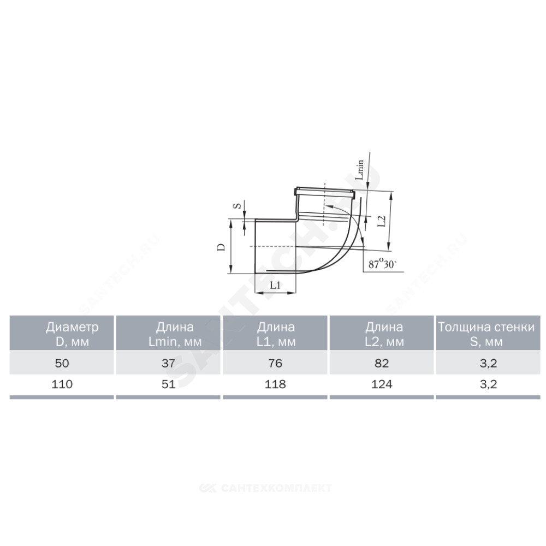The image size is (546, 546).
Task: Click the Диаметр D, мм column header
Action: pyautogui.click(x=72, y=334)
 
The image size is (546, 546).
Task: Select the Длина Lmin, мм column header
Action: pyautogui.click(x=175, y=334)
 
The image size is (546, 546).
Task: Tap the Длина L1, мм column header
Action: pyautogui.click(x=276, y=334)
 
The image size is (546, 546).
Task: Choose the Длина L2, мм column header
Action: pyautogui.click(x=384, y=334)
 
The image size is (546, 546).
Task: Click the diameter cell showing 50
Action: pyautogui.click(x=62, y=363)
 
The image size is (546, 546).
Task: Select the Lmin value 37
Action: pyautogui.click(x=168, y=363)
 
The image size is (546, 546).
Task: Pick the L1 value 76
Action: pyautogui.click(x=275, y=363)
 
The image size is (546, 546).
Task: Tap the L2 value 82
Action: pyautogui.click(x=382, y=363)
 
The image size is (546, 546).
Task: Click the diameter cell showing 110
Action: pyautogui.click(x=62, y=384)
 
